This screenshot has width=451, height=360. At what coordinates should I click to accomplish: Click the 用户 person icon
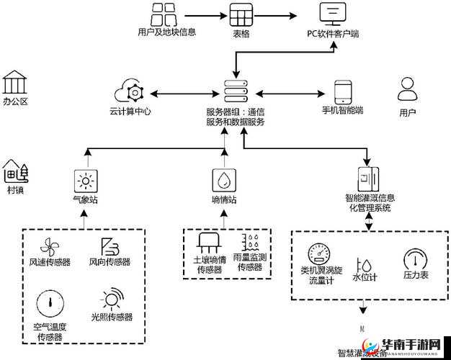pyautogui.click(x=407, y=90)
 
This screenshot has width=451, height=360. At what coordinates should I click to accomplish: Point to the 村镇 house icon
pyautogui.click(x=15, y=171)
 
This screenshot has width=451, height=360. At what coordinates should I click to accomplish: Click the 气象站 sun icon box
pyautogui.click(x=86, y=180)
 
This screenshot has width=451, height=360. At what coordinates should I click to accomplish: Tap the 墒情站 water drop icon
pyautogui.click(x=224, y=180)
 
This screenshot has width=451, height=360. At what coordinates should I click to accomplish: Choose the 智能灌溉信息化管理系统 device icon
pyautogui.click(x=368, y=179)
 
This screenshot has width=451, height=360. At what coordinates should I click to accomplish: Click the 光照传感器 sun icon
pyautogui.click(x=112, y=300)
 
